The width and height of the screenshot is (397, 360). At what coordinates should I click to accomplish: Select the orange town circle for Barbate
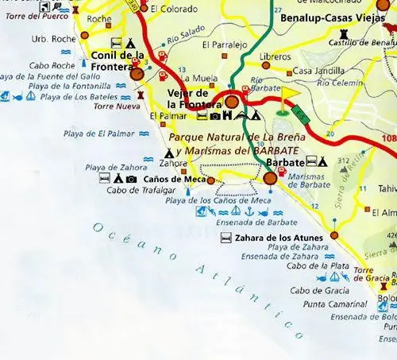(271, 178)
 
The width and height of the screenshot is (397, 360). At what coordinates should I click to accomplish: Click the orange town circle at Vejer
(233, 102)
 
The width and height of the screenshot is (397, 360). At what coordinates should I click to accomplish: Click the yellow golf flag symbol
(287, 95)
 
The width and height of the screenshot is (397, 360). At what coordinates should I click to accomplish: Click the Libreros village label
(275, 56)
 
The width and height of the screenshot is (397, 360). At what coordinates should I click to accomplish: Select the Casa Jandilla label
(314, 71)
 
